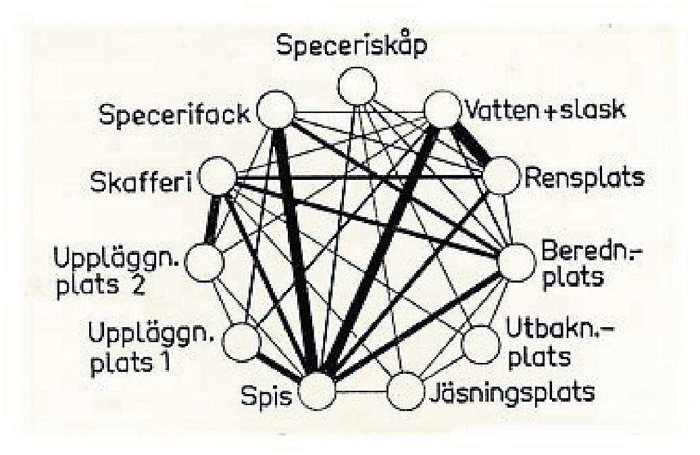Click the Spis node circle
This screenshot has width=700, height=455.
click(x=317, y=391)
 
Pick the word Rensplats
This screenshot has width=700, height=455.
click(x=583, y=178)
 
